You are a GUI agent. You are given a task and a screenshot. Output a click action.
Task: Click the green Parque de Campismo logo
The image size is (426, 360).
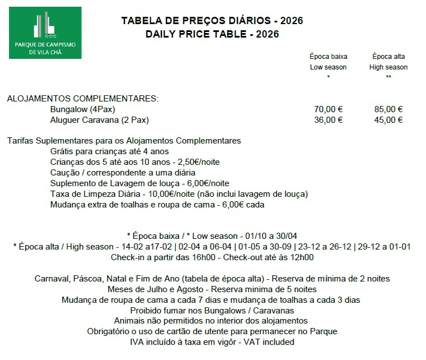(x=45, y=33)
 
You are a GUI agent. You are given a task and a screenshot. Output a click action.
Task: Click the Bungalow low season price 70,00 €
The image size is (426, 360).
(x=328, y=110)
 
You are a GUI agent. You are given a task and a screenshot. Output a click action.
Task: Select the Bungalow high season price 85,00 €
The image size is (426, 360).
(x=388, y=110)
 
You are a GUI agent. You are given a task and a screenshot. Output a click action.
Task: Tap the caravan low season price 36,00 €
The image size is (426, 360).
(x=328, y=120)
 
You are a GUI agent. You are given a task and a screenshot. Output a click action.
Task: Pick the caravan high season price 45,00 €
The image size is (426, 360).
(x=388, y=120)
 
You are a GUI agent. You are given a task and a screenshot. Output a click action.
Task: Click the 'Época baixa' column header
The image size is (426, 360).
(x=328, y=57)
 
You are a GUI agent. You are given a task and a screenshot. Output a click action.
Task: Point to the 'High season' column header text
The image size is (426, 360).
(x=388, y=67)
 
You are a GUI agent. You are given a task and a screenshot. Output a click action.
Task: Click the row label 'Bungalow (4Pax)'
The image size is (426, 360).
(x=82, y=110)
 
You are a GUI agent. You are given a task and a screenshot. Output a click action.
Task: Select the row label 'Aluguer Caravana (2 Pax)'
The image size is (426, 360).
(x=99, y=120)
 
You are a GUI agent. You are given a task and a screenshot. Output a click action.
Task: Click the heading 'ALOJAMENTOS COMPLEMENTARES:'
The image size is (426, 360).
(x=82, y=99)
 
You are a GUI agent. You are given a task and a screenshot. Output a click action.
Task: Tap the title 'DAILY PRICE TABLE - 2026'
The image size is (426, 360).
(x=212, y=34)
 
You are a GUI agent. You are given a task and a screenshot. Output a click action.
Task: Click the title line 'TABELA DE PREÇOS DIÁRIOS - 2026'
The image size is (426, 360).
(x=212, y=21)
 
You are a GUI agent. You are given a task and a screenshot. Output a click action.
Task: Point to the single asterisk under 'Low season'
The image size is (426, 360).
(x=328, y=77)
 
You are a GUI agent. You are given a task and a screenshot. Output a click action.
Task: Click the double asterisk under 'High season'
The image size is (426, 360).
(x=388, y=77)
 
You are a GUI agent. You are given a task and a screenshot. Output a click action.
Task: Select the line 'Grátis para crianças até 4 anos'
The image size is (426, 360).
(x=109, y=151)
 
